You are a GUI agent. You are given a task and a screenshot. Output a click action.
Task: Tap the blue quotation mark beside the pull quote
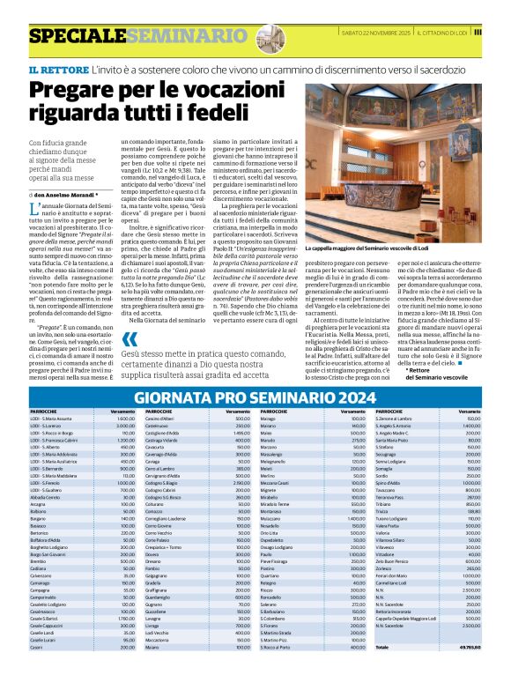tap(129, 340)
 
